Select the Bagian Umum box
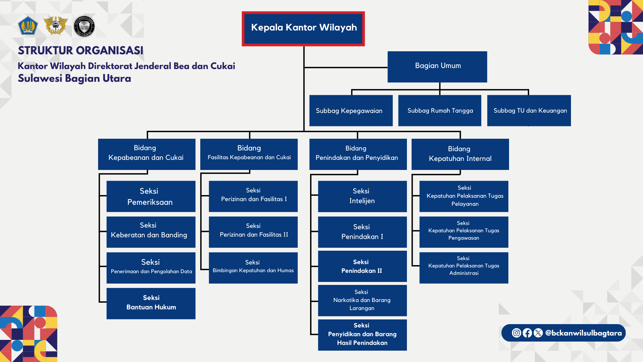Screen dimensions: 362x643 pyautogui.click(x=437, y=67)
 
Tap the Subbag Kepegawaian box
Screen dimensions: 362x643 pyautogui.click(x=351, y=111)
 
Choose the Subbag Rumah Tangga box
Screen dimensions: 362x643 pyautogui.click(x=439, y=111)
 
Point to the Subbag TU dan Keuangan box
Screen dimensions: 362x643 pyautogui.click(x=529, y=111)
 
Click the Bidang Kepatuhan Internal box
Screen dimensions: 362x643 pyautogui.click(x=460, y=154)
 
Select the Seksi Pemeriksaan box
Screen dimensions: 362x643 pyautogui.click(x=151, y=196)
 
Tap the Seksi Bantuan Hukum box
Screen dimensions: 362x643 pyautogui.click(x=151, y=303)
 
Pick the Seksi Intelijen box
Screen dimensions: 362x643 pyautogui.click(x=362, y=196)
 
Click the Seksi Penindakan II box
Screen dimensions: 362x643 pyautogui.click(x=362, y=266)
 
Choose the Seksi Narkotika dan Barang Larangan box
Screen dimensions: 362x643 pyautogui.click(x=362, y=300)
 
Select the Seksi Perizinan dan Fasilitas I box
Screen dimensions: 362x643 pyautogui.click(x=253, y=196)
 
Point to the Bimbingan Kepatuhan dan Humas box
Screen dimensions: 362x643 pyautogui.click(x=253, y=268)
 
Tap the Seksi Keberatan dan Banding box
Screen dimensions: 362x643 pyautogui.click(x=151, y=232)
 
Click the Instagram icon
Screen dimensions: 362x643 pyautogui.click(x=516, y=333)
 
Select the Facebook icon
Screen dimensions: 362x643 pyautogui.click(x=527, y=333)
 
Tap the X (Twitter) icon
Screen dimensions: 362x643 pyautogui.click(x=538, y=333)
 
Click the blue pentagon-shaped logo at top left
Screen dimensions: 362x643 pyautogui.click(x=28, y=26)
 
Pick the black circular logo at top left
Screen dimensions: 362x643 pyautogui.click(x=84, y=26)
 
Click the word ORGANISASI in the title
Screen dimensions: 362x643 pyautogui.click(x=111, y=51)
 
